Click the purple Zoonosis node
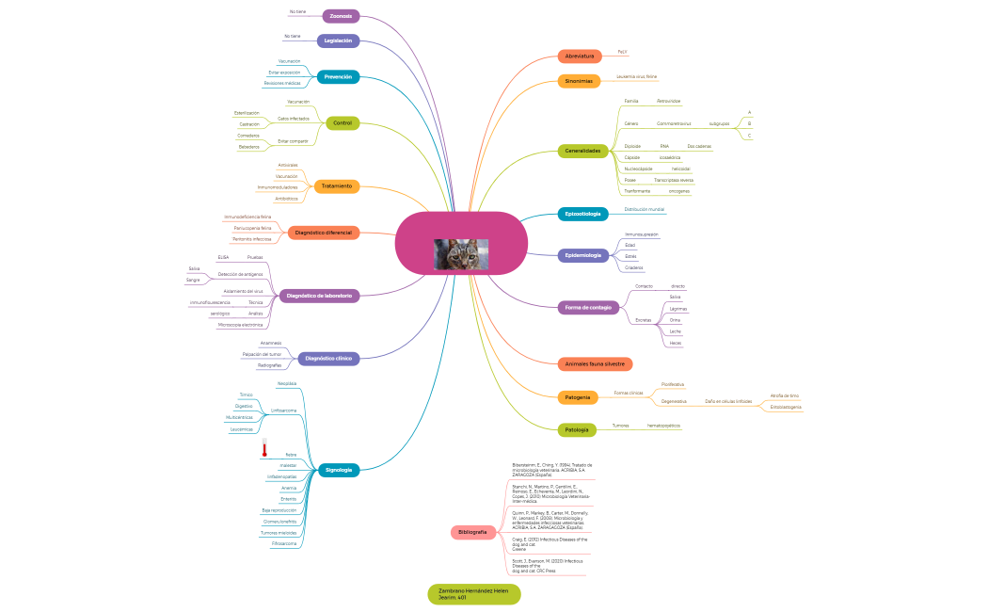point(341,16)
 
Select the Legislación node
point(338,40)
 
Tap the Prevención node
point(337,76)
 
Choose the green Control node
point(343,122)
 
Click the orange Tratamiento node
point(336,185)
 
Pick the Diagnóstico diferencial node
point(323,232)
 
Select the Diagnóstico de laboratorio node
point(319,296)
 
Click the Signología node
point(338,469)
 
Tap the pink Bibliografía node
point(472,532)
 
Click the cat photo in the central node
point(460,253)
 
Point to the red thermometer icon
point(264,448)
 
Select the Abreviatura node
point(580,56)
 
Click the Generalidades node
point(582,151)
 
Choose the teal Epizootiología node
point(582,214)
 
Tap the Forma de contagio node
point(588,307)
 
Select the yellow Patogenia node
point(578,397)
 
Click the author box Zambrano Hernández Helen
point(473,594)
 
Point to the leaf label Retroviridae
point(668,101)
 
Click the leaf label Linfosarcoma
point(283,411)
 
